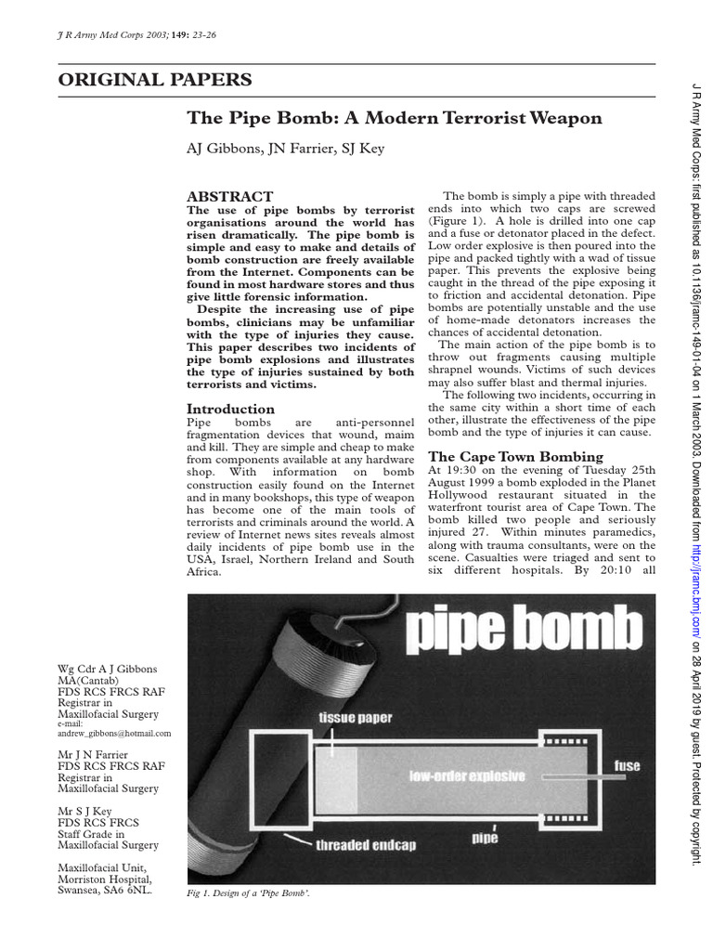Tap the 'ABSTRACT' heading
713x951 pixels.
[230, 197]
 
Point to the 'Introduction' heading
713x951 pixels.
[230, 409]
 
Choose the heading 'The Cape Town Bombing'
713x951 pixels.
[515, 456]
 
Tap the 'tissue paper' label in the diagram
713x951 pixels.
[355, 717]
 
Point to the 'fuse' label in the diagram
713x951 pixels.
[628, 766]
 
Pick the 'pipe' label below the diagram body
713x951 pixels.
[484, 839]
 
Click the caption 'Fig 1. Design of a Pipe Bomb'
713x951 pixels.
[249, 892]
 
